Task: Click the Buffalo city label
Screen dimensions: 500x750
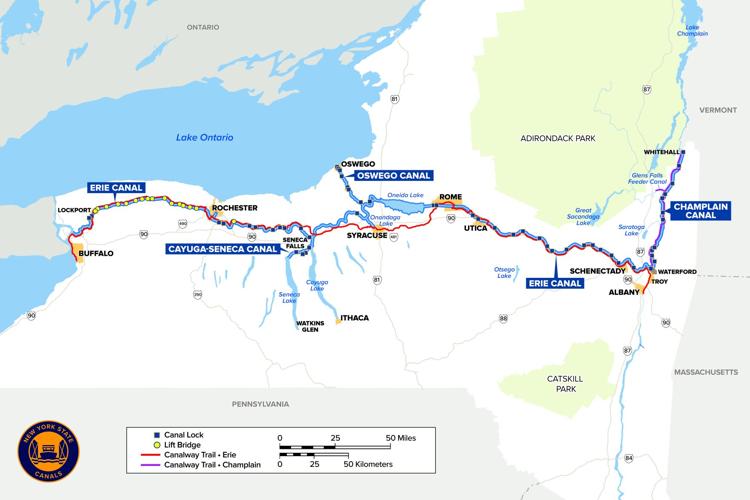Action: tap(95, 254)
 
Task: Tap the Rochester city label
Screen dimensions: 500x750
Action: tap(234, 208)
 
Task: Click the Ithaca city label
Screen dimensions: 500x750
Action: tap(355, 318)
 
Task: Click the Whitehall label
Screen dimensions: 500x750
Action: tap(661, 152)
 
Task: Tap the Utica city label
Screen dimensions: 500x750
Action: tap(476, 229)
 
